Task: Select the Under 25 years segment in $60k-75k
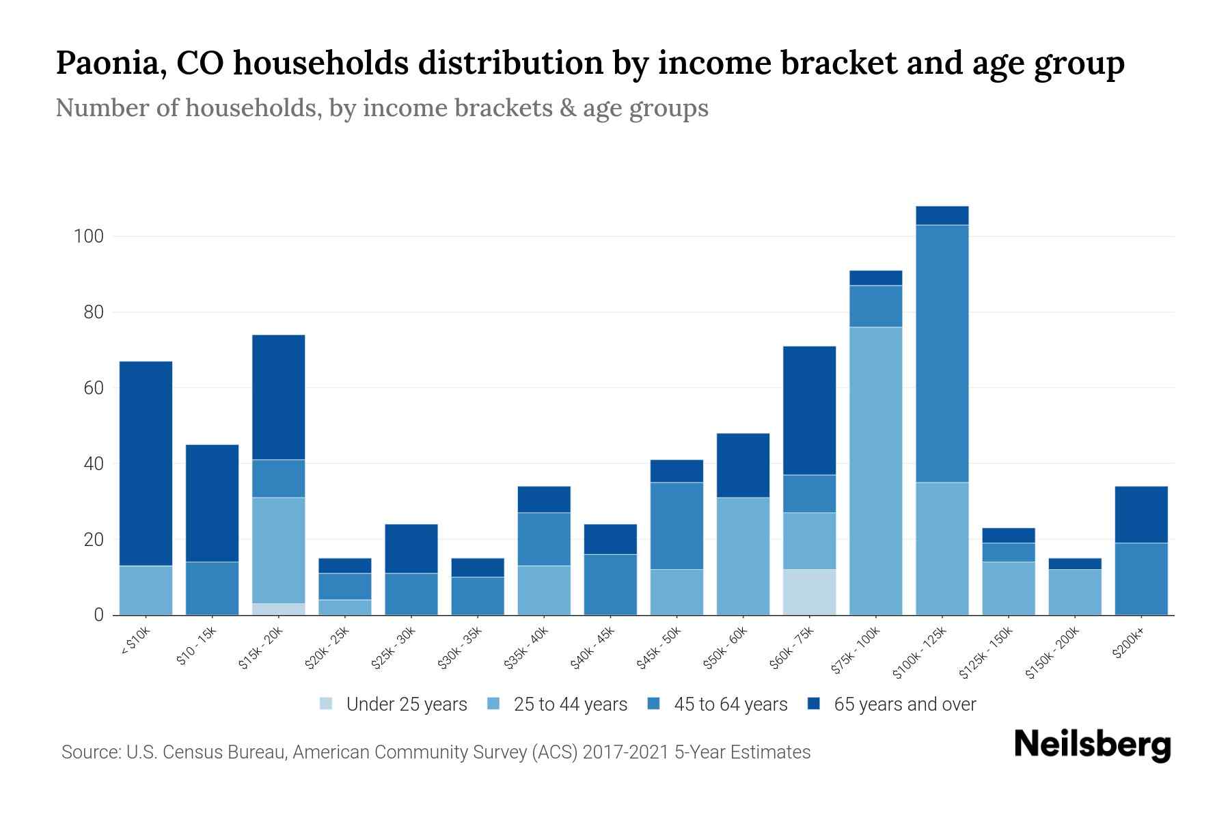(x=809, y=592)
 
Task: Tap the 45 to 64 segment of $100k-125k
(x=942, y=353)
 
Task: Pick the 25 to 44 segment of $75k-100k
(x=875, y=471)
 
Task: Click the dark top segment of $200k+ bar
(x=1140, y=515)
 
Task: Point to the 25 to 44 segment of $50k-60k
(x=743, y=556)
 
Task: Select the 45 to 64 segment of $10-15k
(x=212, y=588)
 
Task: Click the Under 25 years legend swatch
(x=326, y=704)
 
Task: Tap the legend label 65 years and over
(x=905, y=705)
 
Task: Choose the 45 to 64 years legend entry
(x=730, y=705)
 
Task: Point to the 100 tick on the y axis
(x=89, y=237)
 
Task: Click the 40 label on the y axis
(x=94, y=464)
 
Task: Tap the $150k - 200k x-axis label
(x=1052, y=653)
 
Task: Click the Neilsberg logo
(x=1092, y=744)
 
